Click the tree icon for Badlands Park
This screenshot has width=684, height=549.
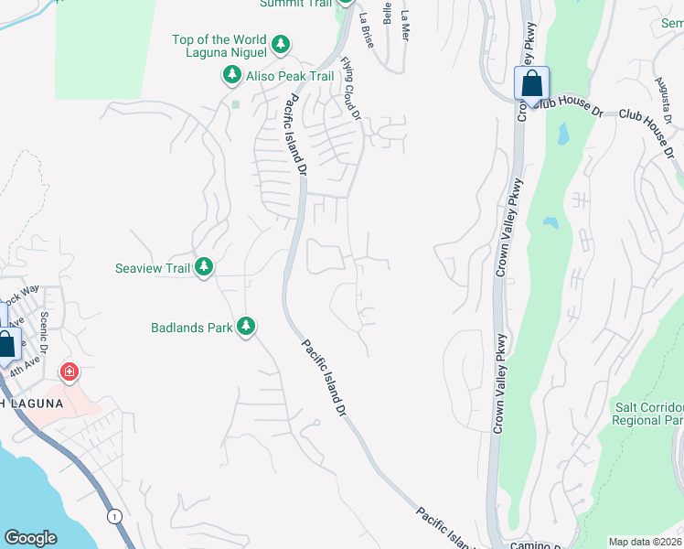pos(245,326)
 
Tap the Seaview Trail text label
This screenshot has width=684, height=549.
pos(153,268)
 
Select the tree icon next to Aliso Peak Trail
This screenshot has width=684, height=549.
pos(231,76)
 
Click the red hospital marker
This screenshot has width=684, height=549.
pos(69,371)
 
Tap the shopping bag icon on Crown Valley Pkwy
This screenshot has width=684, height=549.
pos(530,84)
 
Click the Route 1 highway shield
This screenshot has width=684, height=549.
pos(113,517)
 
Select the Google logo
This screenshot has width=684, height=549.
pos(30,538)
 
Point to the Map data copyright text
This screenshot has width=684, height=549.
pos(646,542)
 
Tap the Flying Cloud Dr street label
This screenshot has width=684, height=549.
pos(351,88)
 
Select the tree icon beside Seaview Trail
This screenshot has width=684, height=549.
pos(203,267)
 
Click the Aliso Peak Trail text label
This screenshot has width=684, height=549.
pos(291,77)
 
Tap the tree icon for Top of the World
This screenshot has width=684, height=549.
pos(281,43)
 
